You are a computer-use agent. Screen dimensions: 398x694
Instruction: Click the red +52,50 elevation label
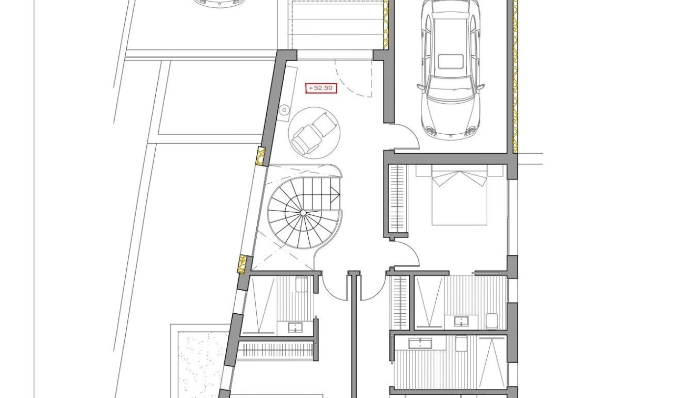click(x=321, y=88)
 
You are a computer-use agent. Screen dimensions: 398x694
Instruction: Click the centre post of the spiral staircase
click(x=303, y=213)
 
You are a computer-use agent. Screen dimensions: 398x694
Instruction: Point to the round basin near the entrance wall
click(x=284, y=110)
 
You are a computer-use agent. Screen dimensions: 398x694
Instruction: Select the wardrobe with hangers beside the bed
click(x=398, y=198)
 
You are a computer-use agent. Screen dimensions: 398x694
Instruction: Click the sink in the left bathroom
click(x=295, y=328)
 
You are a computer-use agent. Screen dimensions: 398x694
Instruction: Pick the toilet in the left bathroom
click(x=301, y=285)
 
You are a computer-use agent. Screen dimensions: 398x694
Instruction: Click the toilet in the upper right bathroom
click(x=491, y=321)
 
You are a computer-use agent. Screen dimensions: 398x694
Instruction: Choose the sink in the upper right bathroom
click(x=461, y=321)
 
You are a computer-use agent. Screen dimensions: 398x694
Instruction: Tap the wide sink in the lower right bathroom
click(x=420, y=343)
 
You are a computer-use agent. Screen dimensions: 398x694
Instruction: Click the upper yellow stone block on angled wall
click(x=260, y=156)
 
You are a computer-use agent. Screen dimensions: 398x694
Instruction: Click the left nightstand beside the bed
click(x=423, y=171)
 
